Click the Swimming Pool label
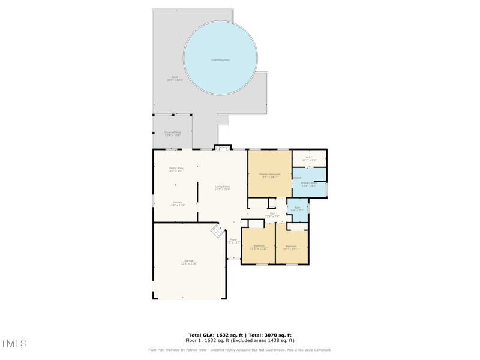(220, 60)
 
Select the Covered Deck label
(173, 134)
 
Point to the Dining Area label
(176, 170)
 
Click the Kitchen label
(177, 203)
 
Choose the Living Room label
(223, 188)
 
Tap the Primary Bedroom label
(270, 176)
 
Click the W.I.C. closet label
(309, 159)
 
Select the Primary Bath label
(309, 184)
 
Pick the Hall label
(272, 215)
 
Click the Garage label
(189, 262)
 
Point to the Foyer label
(233, 241)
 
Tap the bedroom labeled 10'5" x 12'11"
(259, 247)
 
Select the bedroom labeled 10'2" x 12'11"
(291, 247)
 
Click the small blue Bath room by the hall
(297, 209)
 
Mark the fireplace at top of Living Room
(223, 148)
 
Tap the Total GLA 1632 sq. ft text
(214, 335)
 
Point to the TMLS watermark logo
(13, 344)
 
